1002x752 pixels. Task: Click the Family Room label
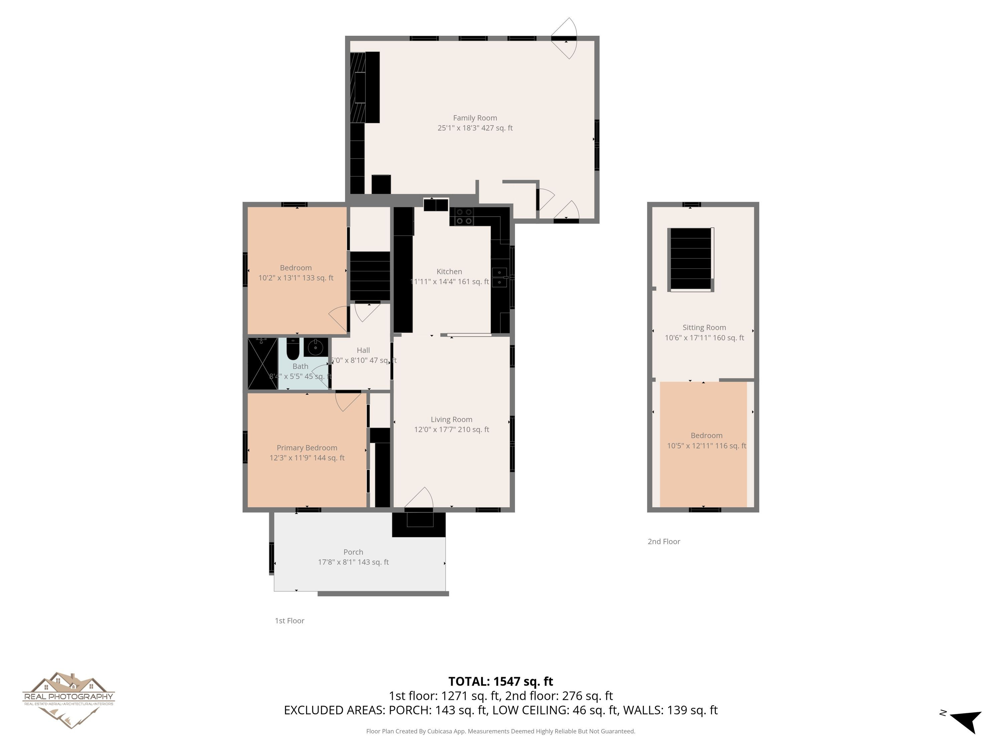[475, 118]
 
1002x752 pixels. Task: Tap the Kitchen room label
[449, 271]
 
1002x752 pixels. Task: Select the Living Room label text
[451, 420]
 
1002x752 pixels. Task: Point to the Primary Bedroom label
[307, 448]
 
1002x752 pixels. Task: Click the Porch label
[353, 552]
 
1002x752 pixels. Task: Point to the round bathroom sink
[315, 348]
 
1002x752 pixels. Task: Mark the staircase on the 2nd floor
[690, 259]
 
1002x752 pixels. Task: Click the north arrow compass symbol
[965, 721]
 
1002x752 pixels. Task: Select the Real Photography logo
[68, 700]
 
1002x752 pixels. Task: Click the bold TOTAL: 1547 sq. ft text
[501, 681]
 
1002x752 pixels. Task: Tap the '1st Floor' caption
[290, 621]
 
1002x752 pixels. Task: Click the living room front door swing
[419, 497]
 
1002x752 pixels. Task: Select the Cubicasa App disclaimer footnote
[501, 731]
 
